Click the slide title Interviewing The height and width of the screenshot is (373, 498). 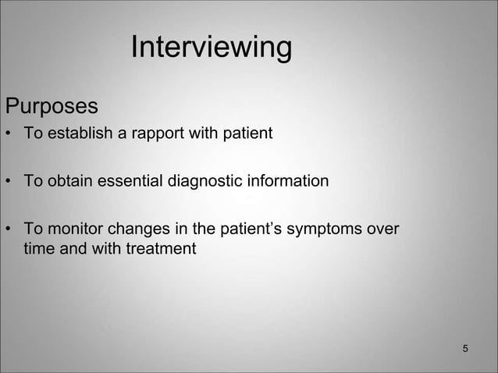pyautogui.click(x=211, y=48)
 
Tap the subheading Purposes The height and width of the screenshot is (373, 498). pyautogui.click(x=52, y=105)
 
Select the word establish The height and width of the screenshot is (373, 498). pyautogui.click(x=78, y=134)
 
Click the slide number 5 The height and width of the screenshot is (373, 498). pyautogui.click(x=465, y=347)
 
